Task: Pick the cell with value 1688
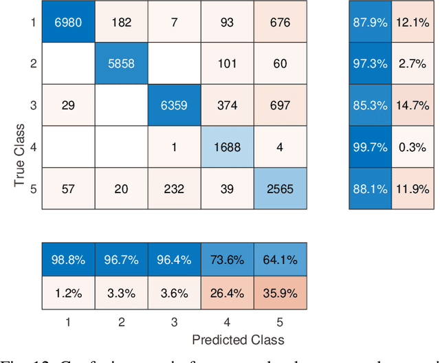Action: coord(227,146)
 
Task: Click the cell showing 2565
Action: coord(280,188)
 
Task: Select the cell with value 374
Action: coord(227,105)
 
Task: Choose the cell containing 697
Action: coord(280,105)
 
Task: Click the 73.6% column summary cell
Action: coord(227,261)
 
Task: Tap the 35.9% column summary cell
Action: coord(280,292)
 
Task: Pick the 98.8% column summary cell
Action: coord(67,261)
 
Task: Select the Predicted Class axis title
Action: coord(238,340)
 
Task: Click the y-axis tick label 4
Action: coord(32,146)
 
